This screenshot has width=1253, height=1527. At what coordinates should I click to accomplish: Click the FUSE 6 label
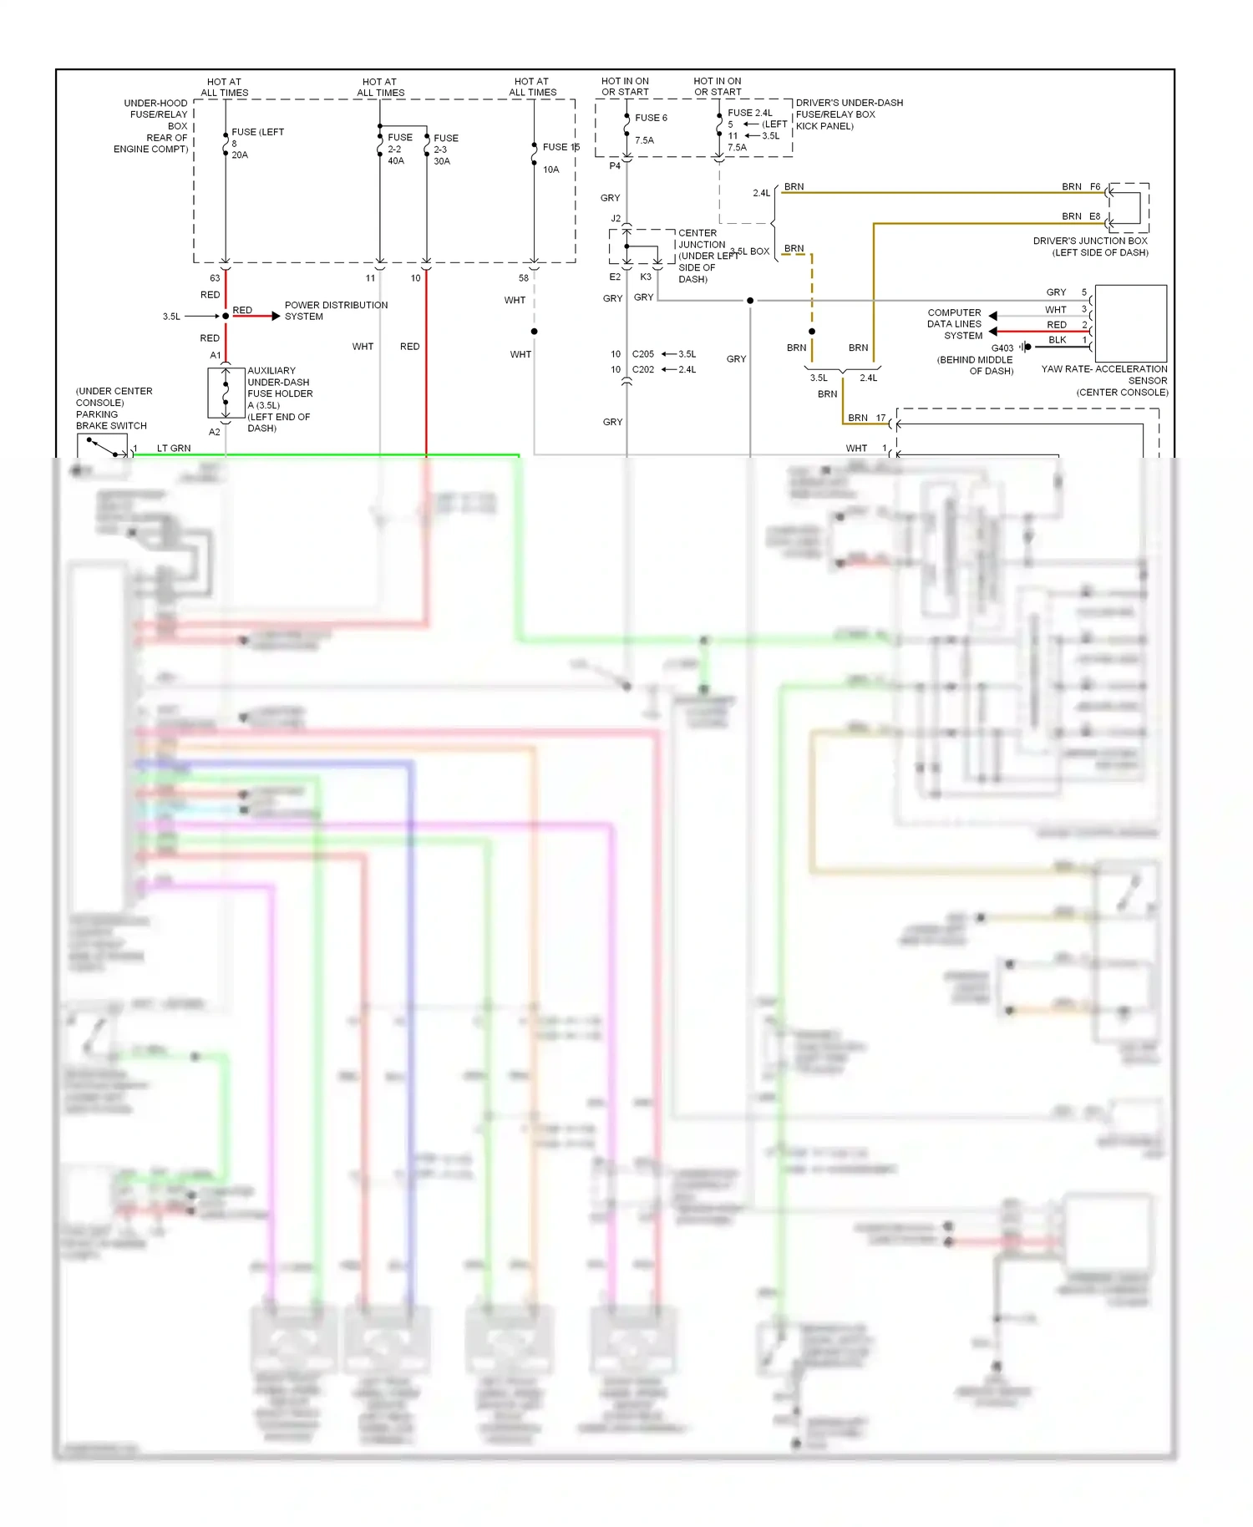[650, 118]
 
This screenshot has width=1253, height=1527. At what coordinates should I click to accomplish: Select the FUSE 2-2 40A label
[398, 149]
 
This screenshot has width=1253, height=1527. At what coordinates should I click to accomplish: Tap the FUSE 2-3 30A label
[444, 150]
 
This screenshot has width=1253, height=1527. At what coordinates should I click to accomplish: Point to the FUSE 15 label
[560, 147]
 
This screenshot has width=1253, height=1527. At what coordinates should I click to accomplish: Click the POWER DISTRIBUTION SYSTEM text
[335, 311]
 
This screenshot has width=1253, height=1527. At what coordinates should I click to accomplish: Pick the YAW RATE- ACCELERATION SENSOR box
[1130, 323]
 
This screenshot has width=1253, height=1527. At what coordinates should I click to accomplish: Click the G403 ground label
[1002, 348]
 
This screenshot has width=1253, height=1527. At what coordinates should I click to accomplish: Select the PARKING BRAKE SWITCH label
[111, 419]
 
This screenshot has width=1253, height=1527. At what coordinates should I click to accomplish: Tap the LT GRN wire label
[174, 449]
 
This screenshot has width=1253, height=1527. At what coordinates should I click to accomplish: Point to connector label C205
[642, 354]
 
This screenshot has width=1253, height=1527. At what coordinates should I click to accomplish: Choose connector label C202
[642, 369]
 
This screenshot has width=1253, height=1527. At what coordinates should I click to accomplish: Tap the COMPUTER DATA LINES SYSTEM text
[954, 324]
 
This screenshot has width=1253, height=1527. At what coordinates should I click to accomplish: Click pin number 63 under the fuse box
[215, 278]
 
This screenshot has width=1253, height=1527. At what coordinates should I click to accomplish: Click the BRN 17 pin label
[866, 418]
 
